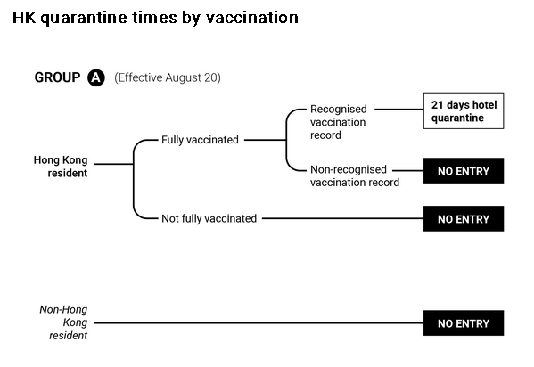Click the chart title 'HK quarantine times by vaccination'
coord(155,18)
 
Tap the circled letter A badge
coord(96,77)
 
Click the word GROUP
coord(57,77)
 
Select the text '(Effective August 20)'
coord(168,77)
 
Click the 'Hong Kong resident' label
coord(61,167)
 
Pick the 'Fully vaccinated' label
coord(200,140)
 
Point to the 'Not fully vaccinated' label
coord(209,218)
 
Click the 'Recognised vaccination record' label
coord(339,122)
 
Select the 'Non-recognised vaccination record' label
coord(355,175)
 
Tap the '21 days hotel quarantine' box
coord(464,110)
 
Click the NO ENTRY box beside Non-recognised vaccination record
coord(464,170)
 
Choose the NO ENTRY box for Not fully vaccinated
coord(464,218)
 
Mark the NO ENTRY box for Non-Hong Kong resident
coord(464,323)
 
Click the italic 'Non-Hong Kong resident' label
coord(63,322)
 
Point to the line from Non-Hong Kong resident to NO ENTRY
coord(259,322)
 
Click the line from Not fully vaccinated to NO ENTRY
coord(343,218)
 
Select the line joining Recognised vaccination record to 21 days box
coord(399,110)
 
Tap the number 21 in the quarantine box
coord(438,105)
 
